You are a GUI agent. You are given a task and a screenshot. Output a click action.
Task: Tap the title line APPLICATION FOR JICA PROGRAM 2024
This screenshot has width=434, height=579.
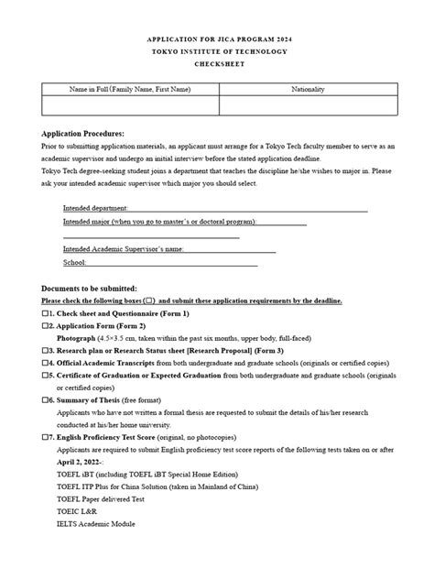[216, 40]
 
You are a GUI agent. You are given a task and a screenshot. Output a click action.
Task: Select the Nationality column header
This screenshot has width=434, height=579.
[308, 89]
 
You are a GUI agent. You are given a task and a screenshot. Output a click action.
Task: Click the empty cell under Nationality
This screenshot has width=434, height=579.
[308, 106]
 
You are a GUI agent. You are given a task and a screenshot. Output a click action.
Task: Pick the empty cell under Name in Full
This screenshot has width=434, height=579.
[130, 106]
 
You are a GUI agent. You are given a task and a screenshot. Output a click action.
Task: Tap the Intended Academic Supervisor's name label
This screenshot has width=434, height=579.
[124, 248]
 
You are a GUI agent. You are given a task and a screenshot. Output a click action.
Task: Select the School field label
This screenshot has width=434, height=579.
[75, 262]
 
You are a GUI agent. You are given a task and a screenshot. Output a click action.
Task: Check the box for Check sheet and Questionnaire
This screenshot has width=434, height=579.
[46, 313]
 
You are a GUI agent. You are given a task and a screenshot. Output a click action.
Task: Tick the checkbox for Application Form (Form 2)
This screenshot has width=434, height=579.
[46, 325]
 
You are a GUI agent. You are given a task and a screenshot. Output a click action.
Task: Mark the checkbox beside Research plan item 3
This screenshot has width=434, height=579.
[46, 350]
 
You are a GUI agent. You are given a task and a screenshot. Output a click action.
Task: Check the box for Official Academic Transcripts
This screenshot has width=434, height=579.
[46, 363]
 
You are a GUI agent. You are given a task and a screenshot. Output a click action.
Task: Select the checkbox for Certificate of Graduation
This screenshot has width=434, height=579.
[46, 376]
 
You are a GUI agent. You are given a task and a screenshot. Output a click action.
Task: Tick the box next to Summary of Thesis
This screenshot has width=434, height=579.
[46, 399]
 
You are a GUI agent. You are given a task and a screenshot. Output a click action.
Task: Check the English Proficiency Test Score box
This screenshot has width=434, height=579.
[46, 437]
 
